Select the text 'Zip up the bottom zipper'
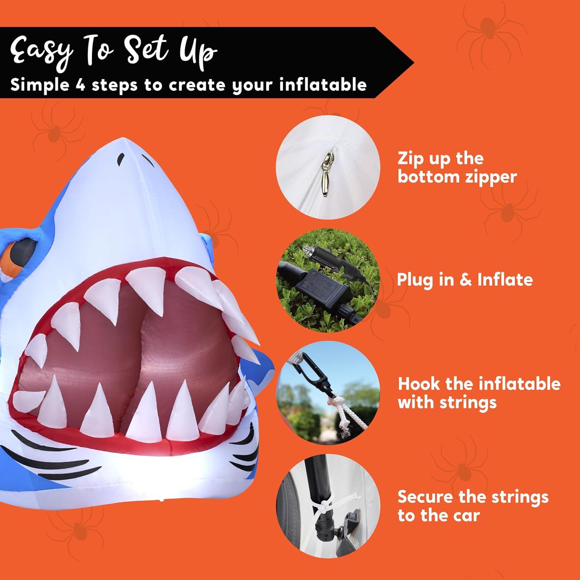point(457,167)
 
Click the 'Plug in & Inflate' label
point(465,280)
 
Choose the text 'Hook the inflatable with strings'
point(479,393)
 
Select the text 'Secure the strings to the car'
point(473,506)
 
